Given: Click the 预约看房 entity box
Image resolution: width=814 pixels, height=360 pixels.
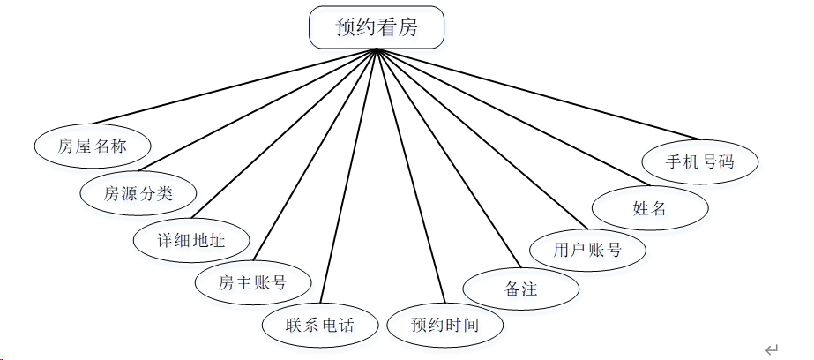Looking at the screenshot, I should (377, 27).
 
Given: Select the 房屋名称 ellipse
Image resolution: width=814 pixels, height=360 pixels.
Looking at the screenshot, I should (93, 146).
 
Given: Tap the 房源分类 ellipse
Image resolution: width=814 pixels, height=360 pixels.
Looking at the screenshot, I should (138, 193).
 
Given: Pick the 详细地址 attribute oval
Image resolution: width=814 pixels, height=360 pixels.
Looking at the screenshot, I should (191, 239).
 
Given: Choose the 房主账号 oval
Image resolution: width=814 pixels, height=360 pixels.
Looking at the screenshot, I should (252, 283).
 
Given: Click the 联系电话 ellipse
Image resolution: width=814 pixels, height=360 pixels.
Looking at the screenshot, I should (320, 325).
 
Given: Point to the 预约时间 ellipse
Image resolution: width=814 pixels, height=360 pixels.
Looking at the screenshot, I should (445, 325).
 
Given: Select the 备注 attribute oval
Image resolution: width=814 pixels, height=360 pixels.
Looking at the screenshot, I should (521, 289).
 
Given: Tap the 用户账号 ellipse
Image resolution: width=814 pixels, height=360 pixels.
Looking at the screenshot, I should (587, 250).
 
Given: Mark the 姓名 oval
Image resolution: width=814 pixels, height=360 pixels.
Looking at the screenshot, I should (650, 209).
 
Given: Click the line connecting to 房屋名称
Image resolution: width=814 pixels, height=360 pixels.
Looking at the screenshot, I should (234, 86).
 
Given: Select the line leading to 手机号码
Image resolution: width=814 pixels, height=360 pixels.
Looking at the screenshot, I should (538, 94).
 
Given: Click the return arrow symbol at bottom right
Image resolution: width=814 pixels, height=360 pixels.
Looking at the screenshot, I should (772, 349).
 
